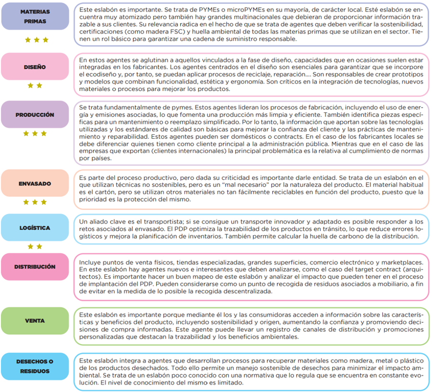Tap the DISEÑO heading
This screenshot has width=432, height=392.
click(35, 67)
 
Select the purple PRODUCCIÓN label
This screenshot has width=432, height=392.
click(35, 115)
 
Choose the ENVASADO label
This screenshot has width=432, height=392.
click(35, 184)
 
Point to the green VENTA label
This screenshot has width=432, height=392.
click(35, 321)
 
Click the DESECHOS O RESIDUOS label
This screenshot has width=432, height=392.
click(35, 366)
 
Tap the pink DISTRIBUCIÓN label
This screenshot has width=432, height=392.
click(35, 267)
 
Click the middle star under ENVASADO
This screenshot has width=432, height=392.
click(35, 202)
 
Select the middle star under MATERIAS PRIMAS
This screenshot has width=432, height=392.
click(35, 40)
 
